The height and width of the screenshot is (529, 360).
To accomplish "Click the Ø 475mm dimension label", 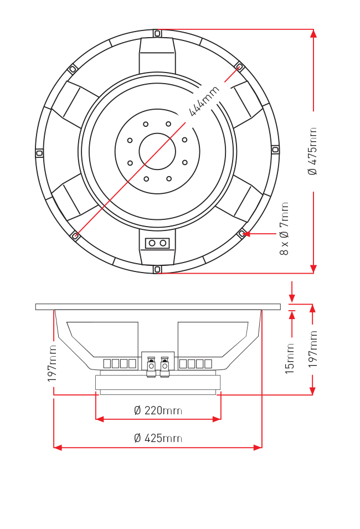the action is [x=312, y=151].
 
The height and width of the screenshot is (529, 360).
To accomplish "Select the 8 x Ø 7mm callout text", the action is [x=285, y=228].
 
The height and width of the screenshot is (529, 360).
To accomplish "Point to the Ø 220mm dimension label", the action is [x=158, y=410].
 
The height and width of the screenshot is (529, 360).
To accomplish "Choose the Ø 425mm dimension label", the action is [x=158, y=438].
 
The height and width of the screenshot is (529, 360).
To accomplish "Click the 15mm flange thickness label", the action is [x=290, y=358].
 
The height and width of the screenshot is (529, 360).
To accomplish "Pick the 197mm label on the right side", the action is [x=313, y=349].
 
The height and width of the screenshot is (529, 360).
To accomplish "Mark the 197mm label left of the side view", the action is [x=52, y=363].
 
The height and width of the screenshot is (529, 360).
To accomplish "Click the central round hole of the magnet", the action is [x=157, y=151].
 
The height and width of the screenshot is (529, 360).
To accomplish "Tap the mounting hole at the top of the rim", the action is [x=157, y=33].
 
